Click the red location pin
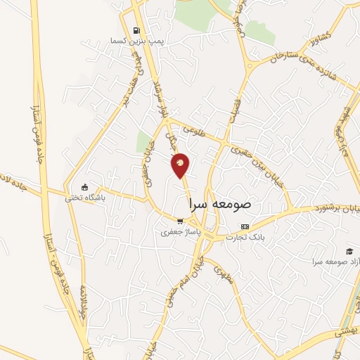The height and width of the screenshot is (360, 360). coord(181,165)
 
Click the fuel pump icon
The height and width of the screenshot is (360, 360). coord(136,31)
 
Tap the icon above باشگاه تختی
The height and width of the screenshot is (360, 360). coord(85,187)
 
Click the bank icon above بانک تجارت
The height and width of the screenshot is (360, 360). coord(244,226)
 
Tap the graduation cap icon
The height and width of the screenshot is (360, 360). coord(349,250)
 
